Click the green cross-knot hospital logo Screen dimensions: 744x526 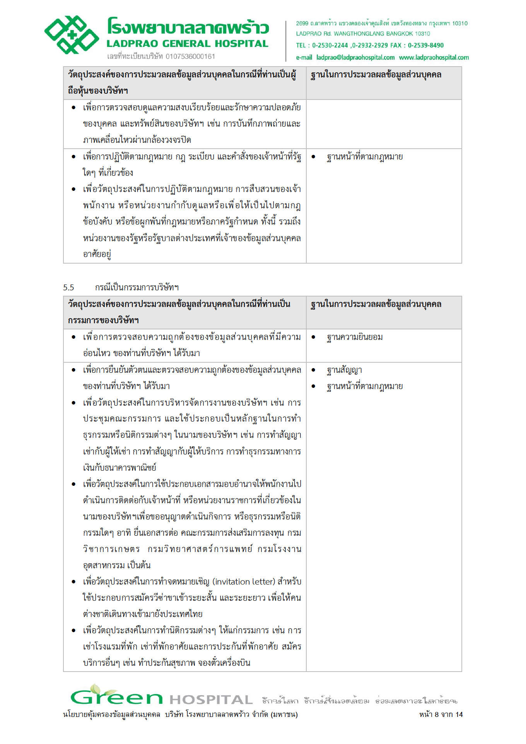(72, 35)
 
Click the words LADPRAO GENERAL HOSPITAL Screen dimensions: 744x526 (188, 44)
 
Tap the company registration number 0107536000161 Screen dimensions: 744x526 (190, 57)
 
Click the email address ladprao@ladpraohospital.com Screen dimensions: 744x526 (355, 58)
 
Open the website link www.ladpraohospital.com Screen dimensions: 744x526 (434, 58)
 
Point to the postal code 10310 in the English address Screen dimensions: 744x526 (422, 34)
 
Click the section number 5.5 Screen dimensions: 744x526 (68, 288)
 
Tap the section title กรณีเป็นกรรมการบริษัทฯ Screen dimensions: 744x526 (137, 288)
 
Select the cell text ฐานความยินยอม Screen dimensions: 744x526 (355, 337)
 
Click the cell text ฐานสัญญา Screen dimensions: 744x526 (344, 370)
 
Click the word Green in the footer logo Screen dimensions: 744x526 (116, 698)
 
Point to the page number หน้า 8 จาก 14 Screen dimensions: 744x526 (441, 715)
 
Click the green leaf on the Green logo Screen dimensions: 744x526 (95, 689)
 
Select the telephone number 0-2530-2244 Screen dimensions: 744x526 (330, 45)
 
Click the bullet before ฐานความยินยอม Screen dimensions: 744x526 (313, 337)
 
